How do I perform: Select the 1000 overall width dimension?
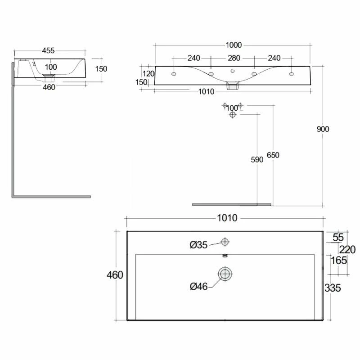(234, 45)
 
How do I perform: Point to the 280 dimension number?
(234, 58)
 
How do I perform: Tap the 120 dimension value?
(148, 73)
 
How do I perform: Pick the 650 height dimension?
(273, 155)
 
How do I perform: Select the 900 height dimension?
(323, 129)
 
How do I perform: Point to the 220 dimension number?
(348, 250)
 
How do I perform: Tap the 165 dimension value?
(338, 260)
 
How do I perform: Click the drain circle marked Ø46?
(225, 273)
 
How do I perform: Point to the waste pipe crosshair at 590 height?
(232, 115)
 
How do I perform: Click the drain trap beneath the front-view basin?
(232, 86)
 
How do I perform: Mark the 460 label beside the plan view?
(115, 275)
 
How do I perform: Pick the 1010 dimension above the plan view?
(227, 218)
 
